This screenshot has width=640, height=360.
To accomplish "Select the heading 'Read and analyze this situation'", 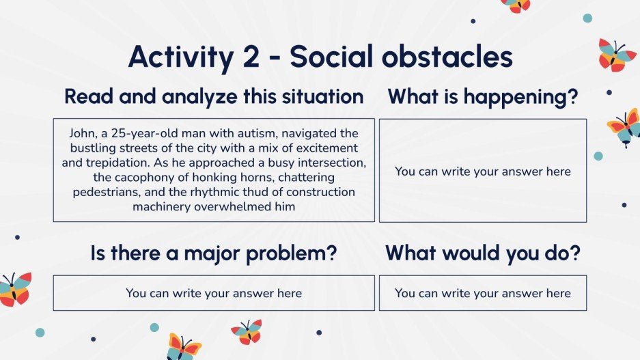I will (x=214, y=97).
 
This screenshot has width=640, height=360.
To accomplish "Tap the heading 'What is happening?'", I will (x=483, y=97).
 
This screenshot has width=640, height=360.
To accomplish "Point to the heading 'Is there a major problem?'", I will (x=214, y=253).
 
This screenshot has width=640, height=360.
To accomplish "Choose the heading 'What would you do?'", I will (x=483, y=253).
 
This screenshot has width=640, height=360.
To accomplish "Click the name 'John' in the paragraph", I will (x=85, y=133).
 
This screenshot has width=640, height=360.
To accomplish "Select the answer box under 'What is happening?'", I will (x=483, y=171).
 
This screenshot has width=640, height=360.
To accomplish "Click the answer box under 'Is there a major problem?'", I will (x=214, y=293).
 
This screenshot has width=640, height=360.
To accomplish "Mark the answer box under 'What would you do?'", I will (x=483, y=293).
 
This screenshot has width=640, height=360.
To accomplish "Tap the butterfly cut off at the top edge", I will (x=516, y=5).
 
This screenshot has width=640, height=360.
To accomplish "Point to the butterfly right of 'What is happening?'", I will (x=624, y=128).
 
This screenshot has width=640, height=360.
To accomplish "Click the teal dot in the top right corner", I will (x=587, y=18).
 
